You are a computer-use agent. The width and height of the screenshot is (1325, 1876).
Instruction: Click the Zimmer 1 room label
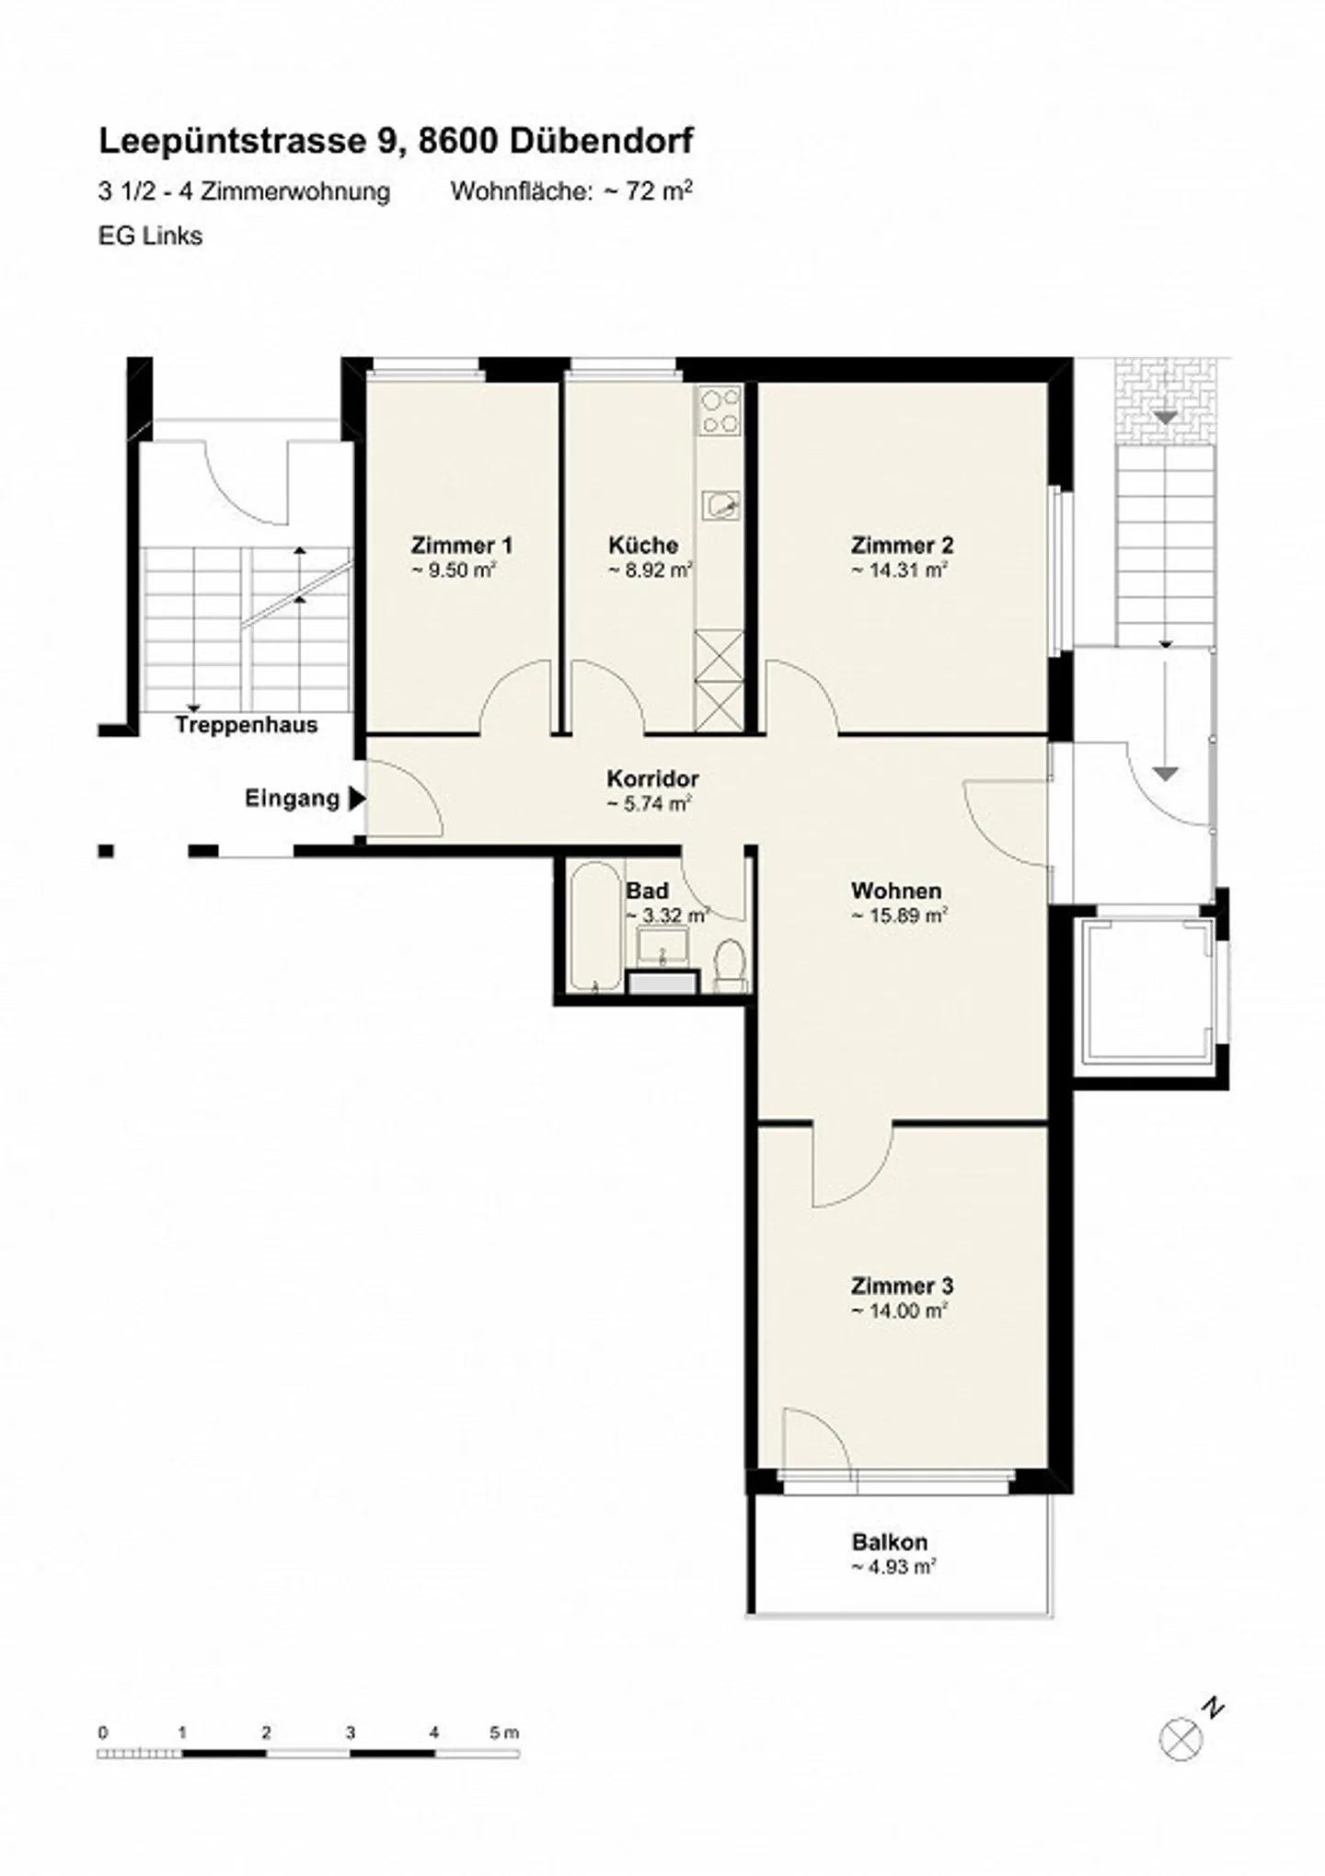462,545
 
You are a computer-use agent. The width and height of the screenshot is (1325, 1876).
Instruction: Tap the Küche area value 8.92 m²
650,570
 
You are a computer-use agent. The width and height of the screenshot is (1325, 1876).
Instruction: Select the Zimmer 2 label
902,545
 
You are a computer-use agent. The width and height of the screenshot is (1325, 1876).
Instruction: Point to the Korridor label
652,778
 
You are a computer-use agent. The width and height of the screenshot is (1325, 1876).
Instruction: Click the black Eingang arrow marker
356,799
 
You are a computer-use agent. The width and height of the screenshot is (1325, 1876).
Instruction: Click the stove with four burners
719,411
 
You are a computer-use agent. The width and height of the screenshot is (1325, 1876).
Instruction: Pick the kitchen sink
720,504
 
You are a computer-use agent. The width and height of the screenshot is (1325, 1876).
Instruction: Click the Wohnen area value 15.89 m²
899,916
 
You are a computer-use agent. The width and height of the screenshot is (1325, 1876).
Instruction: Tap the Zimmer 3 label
902,1285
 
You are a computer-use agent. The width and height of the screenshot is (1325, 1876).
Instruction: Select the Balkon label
889,1541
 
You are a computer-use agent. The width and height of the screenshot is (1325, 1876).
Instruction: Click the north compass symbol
1181,1738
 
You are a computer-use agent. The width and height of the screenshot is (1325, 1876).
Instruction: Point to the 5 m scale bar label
504,1732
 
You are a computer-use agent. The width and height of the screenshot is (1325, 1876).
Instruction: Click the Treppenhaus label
247,725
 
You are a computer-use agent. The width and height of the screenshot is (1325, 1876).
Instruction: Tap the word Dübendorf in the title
601,141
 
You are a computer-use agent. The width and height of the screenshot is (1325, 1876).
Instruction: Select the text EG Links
150,236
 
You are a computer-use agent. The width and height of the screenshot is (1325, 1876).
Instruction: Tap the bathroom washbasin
662,945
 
